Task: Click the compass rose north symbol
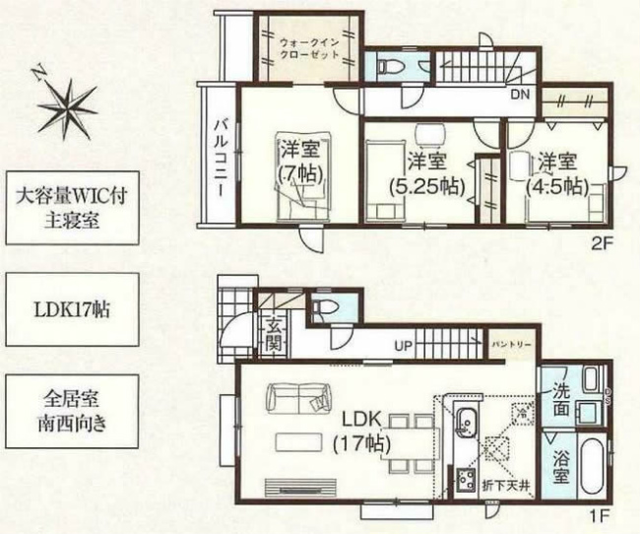point(66,101)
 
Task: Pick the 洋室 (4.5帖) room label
point(556,173)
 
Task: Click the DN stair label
point(519,96)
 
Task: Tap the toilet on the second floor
point(386,66)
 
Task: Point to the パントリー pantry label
point(512,346)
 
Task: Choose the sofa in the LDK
point(295,400)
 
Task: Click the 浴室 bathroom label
point(558,468)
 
